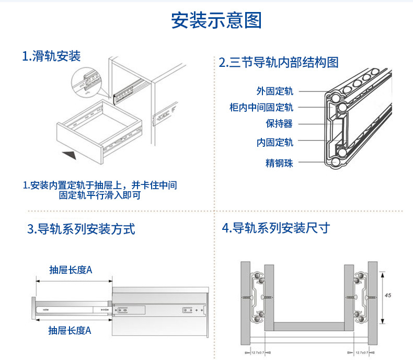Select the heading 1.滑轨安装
[51, 56]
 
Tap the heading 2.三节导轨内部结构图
[278, 63]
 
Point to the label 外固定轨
[274, 91]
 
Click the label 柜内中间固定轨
[261, 107]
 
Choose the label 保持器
[279, 124]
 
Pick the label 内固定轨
[274, 142]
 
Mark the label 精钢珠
[279, 163]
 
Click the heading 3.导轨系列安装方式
[81, 229]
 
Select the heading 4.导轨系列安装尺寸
[276, 228]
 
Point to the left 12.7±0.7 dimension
[257, 352]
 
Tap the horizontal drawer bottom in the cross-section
[309, 327]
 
